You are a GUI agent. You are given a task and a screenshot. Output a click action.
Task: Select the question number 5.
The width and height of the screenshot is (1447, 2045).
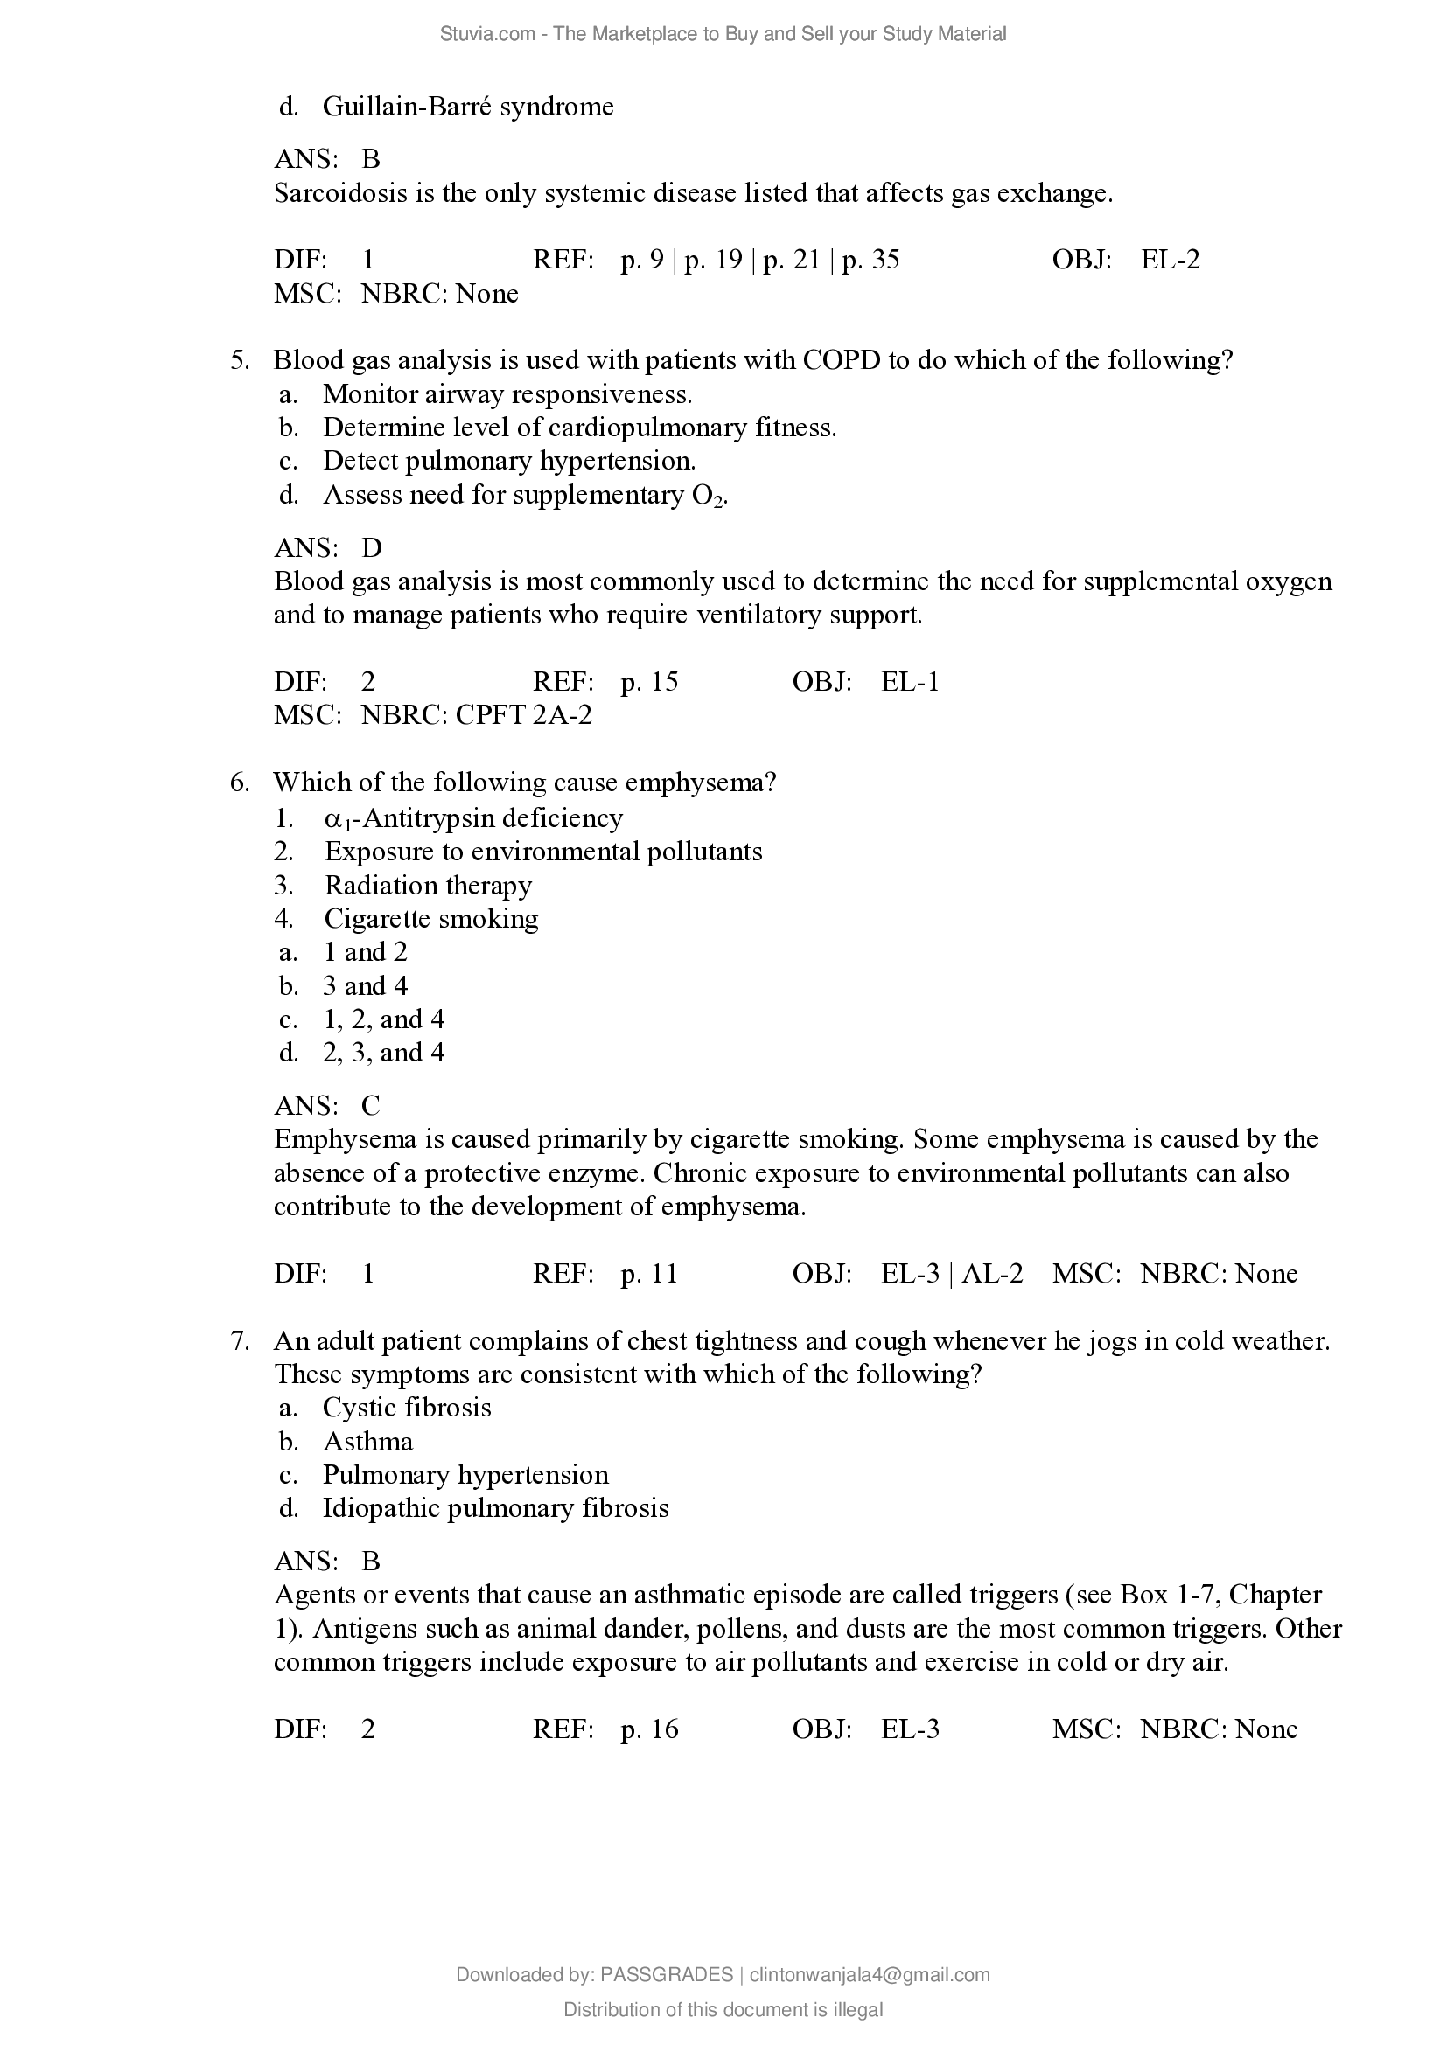239,360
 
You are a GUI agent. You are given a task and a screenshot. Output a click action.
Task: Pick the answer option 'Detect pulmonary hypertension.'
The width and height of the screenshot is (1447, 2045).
509,461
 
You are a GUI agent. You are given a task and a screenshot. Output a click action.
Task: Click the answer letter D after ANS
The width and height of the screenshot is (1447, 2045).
372,548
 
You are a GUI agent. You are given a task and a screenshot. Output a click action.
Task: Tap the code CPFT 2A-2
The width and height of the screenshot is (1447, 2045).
523,715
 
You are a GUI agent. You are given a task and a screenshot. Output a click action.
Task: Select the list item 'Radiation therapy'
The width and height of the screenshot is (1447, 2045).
428,886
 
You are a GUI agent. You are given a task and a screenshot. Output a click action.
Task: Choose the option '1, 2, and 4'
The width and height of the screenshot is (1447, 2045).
383,1019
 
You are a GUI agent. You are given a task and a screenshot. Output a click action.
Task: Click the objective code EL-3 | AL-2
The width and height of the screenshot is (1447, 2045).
952,1274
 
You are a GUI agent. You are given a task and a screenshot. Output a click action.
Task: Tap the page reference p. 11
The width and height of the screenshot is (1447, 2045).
649,1274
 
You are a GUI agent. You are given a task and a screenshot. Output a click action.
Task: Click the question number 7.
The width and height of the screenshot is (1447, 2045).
239,1340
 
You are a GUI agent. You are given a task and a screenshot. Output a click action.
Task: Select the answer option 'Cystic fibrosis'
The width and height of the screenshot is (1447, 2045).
406,1408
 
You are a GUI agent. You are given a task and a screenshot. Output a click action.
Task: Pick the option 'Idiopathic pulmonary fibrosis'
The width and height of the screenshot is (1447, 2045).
495,1508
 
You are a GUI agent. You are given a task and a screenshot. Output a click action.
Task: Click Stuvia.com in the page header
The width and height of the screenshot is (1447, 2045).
487,34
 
